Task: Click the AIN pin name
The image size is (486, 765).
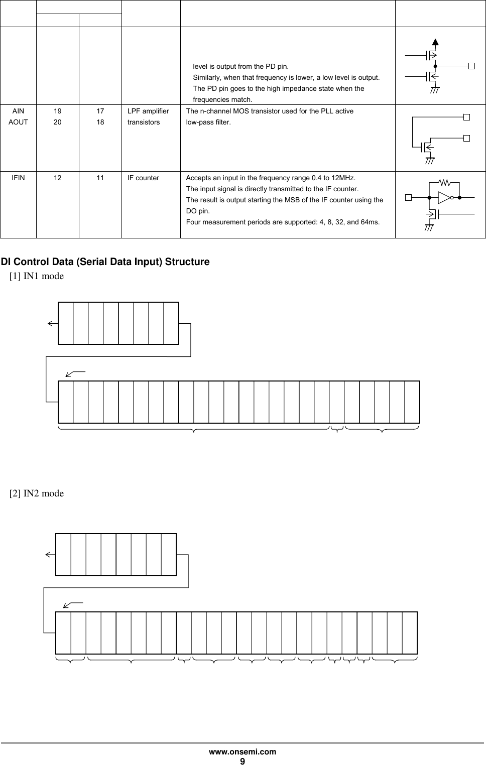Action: (x=18, y=111)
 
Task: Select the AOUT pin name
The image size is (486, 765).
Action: (x=18, y=122)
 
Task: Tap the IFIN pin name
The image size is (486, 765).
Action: (x=18, y=178)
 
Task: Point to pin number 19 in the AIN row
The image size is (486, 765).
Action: (x=58, y=111)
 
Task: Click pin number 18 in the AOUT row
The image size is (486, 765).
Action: (x=101, y=122)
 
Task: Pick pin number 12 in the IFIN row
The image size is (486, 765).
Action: (x=58, y=178)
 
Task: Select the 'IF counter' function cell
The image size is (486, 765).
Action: (x=143, y=178)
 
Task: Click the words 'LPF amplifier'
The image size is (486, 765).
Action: (x=148, y=111)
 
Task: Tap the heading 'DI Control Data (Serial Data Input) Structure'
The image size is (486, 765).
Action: (x=105, y=262)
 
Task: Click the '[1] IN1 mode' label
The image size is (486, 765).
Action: (x=37, y=276)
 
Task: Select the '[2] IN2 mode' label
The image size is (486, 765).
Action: (x=37, y=493)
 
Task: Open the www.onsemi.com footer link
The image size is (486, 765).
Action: (x=242, y=752)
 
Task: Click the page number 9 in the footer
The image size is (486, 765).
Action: (x=242, y=761)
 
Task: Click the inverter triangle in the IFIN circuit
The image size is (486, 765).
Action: (x=444, y=197)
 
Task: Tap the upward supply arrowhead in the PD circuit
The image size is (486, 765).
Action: (x=435, y=42)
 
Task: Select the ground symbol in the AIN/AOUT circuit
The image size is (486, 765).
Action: (x=430, y=161)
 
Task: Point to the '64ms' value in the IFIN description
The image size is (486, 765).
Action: (x=371, y=222)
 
